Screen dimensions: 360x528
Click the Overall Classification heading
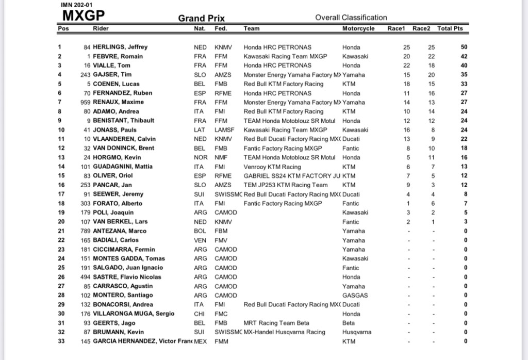pyautogui.click(x=351, y=18)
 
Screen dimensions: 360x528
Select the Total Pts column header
pyautogui.click(x=450, y=28)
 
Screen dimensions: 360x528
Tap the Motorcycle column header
pyautogui.click(x=358, y=28)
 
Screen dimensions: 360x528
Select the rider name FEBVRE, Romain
pyautogui.click(x=118, y=56)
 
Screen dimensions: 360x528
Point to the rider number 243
pyautogui.click(x=86, y=75)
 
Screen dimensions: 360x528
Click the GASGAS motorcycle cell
pyautogui.click(x=355, y=296)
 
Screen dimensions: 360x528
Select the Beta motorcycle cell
pyautogui.click(x=349, y=323)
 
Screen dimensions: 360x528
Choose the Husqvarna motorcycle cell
pyautogui.click(x=357, y=332)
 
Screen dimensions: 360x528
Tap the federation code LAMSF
pyautogui.click(x=224, y=130)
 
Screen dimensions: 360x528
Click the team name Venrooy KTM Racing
pyautogui.click(x=272, y=167)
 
